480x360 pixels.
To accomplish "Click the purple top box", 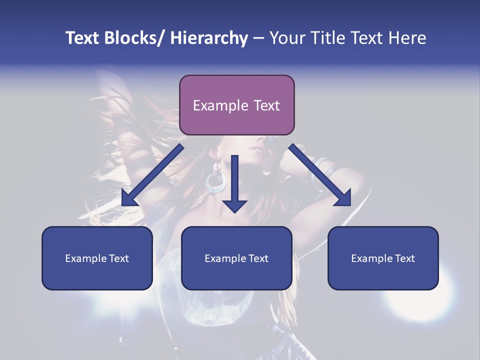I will click(x=236, y=105).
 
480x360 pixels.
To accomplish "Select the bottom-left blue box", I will click(x=97, y=258).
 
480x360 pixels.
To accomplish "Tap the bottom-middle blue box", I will click(x=236, y=258).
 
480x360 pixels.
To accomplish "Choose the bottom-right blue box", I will click(x=383, y=258).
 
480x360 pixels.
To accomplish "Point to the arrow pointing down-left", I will click(x=152, y=175).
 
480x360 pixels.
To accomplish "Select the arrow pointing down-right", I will click(x=320, y=175).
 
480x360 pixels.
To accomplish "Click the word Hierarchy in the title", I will click(x=209, y=38).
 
